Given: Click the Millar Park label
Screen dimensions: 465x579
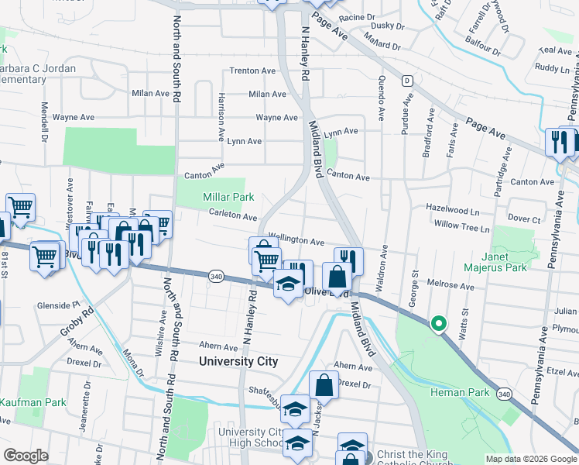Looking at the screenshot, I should tap(228, 198).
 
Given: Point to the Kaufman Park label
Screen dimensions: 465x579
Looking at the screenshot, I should tap(33, 402).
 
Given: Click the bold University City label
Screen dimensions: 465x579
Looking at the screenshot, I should tap(238, 361).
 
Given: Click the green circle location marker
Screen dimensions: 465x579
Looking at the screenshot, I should tap(439, 323).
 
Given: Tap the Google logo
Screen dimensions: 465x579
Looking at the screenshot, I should tap(26, 456).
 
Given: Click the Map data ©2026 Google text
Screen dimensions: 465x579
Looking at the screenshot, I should tap(530, 459).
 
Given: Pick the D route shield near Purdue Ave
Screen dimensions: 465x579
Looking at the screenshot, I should tap(406, 81).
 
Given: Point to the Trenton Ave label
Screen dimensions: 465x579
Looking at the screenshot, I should tap(252, 71).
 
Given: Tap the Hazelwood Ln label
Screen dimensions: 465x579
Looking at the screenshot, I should tap(453, 209).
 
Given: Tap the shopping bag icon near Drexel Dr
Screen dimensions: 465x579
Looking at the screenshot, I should tap(324, 386).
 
